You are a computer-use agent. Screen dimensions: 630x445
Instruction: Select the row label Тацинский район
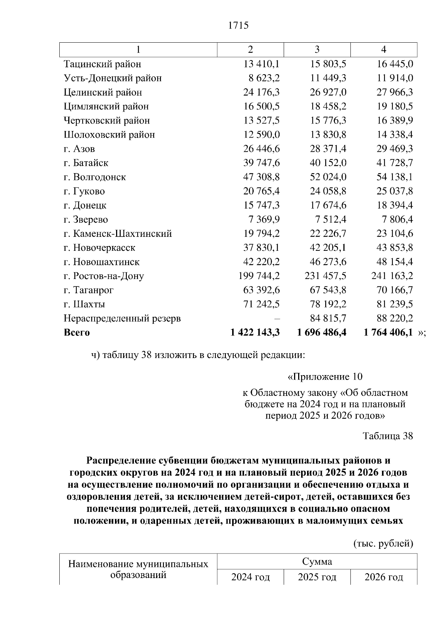tap(102, 64)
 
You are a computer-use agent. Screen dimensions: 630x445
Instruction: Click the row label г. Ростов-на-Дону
tap(103, 276)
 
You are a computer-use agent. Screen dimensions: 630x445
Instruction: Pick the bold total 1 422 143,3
tap(255, 332)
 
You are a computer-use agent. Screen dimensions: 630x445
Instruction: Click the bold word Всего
tap(77, 332)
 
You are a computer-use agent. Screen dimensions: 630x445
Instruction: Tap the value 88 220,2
tap(395, 318)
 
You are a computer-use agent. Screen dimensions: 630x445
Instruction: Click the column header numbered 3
tap(317, 50)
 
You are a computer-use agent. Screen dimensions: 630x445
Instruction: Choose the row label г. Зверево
tap(86, 220)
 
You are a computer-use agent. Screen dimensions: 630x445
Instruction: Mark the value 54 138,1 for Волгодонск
tap(395, 177)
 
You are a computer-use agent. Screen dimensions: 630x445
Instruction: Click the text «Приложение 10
tap(325, 377)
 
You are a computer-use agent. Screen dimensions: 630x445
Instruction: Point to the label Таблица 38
tap(388, 436)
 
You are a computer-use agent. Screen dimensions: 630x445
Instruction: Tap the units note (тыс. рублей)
tap(382, 544)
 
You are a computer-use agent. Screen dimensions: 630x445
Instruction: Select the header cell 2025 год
tap(317, 577)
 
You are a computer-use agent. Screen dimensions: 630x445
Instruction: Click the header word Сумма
tap(317, 561)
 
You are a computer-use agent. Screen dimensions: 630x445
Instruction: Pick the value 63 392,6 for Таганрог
tap(261, 290)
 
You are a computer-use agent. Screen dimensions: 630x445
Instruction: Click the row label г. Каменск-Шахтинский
tap(118, 234)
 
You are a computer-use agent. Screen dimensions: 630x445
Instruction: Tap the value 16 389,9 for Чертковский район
tap(395, 121)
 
